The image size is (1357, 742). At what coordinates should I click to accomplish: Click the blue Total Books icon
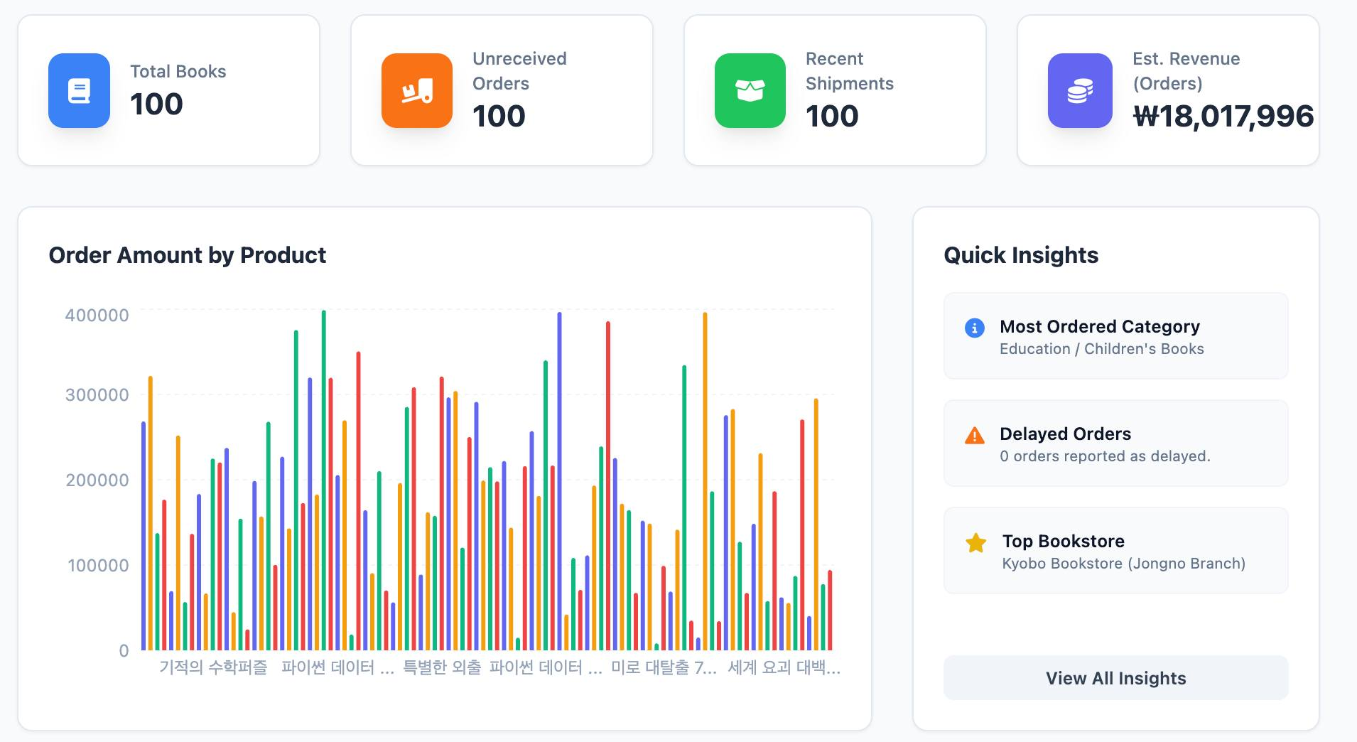(79, 90)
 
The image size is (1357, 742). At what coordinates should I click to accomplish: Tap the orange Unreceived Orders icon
(417, 90)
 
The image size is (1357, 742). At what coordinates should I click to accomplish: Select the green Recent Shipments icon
(750, 90)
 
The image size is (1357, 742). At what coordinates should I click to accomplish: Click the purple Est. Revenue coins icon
(1080, 90)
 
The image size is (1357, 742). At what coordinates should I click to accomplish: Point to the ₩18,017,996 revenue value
(1223, 117)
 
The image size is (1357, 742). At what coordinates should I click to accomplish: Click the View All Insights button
(1115, 678)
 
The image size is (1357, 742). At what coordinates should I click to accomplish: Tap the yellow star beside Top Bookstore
(976, 544)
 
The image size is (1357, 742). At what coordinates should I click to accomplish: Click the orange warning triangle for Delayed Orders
(975, 436)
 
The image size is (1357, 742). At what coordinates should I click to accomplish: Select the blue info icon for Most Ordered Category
(975, 328)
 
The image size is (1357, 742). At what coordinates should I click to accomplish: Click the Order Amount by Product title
(187, 255)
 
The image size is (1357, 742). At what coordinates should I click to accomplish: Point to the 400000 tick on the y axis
(97, 316)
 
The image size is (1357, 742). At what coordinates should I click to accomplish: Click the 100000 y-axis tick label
(98, 566)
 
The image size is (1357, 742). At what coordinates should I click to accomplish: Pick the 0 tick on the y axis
(124, 651)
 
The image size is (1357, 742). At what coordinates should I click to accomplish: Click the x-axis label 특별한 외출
(442, 668)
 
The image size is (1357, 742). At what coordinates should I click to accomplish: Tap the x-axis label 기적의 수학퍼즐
(213, 668)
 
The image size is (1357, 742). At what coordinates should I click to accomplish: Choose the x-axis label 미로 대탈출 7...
(664, 668)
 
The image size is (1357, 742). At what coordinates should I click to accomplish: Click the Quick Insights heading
(1021, 255)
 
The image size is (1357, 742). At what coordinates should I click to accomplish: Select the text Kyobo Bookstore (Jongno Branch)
(1123, 564)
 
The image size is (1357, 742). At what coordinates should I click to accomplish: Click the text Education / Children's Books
(1101, 349)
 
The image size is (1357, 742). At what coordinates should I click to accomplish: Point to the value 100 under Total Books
(156, 104)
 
